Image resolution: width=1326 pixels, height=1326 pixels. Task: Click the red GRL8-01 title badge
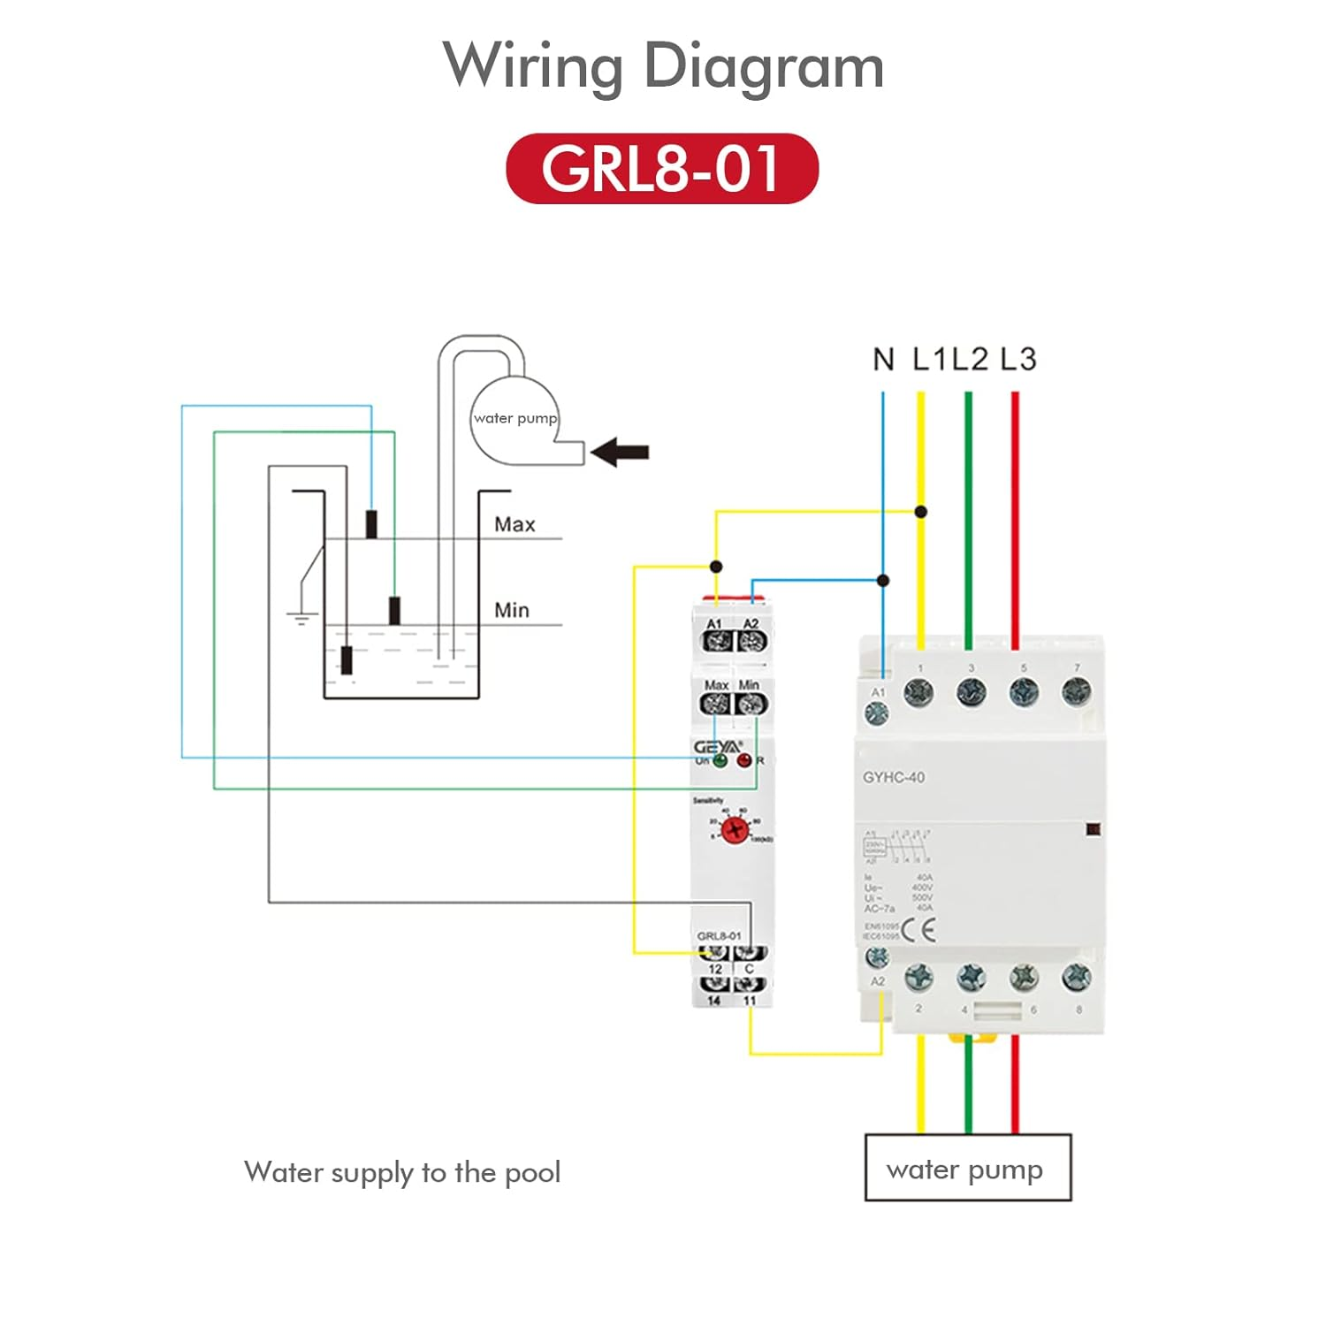tap(662, 169)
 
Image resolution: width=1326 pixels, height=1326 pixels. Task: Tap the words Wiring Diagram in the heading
tap(663, 66)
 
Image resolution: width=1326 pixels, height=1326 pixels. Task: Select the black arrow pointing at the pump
tap(620, 453)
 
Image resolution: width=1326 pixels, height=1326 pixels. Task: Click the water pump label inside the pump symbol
tap(515, 418)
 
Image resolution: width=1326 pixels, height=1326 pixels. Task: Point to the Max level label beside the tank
tap(514, 524)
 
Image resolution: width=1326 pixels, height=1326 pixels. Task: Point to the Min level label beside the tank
tap(512, 610)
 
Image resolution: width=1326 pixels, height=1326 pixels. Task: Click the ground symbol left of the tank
tap(301, 616)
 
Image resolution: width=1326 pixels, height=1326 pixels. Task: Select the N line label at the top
tap(883, 360)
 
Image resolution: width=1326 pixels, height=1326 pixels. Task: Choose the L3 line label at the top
tap(1017, 360)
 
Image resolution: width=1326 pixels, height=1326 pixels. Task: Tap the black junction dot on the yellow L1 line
tap(921, 512)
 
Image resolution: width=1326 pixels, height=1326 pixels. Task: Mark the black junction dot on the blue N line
tap(883, 581)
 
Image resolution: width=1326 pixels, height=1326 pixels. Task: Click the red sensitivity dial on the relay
tap(734, 830)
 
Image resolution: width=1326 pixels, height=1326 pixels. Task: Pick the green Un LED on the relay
tap(720, 760)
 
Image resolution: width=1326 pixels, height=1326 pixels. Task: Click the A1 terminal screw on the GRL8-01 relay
tap(715, 642)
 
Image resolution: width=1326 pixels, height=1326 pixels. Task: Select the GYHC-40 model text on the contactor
tap(894, 778)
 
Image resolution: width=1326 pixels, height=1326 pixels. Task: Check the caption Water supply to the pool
tap(402, 1172)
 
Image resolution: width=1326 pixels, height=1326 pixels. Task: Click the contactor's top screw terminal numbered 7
tap(1076, 691)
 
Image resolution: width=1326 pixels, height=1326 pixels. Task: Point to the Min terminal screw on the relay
tap(751, 704)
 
